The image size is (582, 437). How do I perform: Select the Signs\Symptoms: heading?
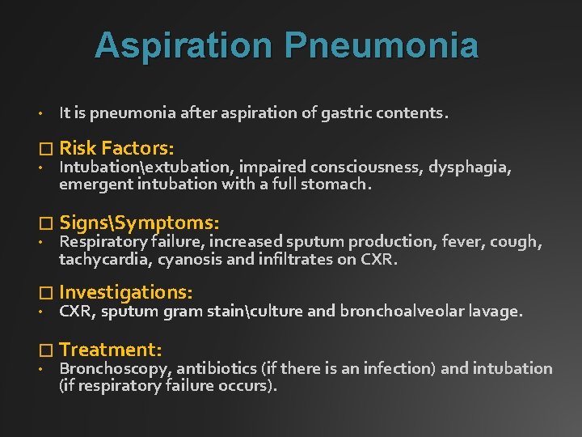139,222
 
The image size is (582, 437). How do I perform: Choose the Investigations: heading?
125,292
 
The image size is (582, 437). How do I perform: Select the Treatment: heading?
111,350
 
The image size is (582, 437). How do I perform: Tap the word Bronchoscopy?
114,369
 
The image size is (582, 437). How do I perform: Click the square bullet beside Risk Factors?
44,149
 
